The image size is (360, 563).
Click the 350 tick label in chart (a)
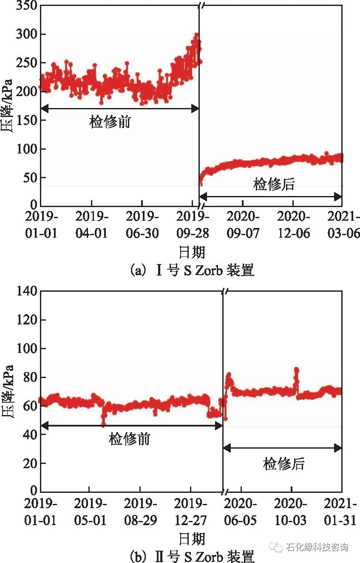(x=26, y=6)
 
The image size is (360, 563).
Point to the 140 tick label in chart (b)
(x=26, y=291)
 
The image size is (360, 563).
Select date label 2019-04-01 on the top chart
(x=91, y=225)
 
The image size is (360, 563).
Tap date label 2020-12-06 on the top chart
(x=293, y=225)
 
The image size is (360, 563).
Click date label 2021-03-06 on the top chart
(x=343, y=225)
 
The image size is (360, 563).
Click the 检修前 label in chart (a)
(x=110, y=122)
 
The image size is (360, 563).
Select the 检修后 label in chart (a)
(x=274, y=185)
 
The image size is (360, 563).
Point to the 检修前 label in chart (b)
(x=130, y=439)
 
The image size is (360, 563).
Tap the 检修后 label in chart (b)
(x=283, y=463)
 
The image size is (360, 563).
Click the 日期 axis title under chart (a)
(x=192, y=253)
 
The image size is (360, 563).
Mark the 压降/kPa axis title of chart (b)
(x=8, y=391)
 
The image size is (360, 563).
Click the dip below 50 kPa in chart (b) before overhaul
(x=103, y=424)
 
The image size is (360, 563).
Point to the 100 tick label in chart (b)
(x=26, y=349)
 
